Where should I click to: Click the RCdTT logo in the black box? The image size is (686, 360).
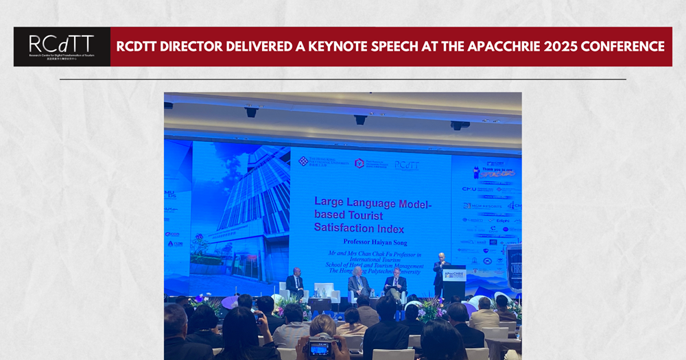coord(61,46)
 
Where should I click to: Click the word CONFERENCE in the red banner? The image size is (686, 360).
coord(624,47)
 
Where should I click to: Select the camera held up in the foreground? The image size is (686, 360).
coord(319,348)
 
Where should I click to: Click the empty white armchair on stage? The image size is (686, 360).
coord(324,291)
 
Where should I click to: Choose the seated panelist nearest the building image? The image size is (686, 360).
coord(295,282)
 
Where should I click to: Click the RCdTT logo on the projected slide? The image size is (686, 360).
coord(407,165)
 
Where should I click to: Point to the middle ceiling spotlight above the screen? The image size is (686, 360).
coord(359,120)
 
